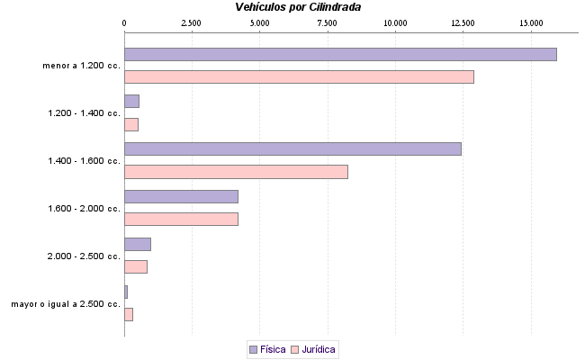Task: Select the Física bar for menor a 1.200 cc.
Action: click(340, 54)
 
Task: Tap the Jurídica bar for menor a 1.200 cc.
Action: click(299, 76)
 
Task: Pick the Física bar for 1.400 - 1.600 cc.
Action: click(292, 148)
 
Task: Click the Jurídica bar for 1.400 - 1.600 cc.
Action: click(236, 172)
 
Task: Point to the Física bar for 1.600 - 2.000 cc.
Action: click(181, 196)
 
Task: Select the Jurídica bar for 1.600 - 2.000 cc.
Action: click(181, 219)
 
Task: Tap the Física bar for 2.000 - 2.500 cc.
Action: click(138, 244)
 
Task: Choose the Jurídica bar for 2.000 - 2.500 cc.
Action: click(136, 266)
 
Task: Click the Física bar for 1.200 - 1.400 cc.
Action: click(131, 101)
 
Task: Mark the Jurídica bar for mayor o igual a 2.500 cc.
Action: click(129, 314)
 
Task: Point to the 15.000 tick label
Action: click(531, 22)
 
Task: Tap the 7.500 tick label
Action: click(328, 22)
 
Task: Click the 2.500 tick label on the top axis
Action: click(192, 22)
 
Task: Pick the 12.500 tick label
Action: click(463, 22)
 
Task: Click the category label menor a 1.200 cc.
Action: click(81, 66)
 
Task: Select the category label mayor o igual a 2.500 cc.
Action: click(66, 304)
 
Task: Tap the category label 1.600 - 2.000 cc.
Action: click(84, 209)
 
